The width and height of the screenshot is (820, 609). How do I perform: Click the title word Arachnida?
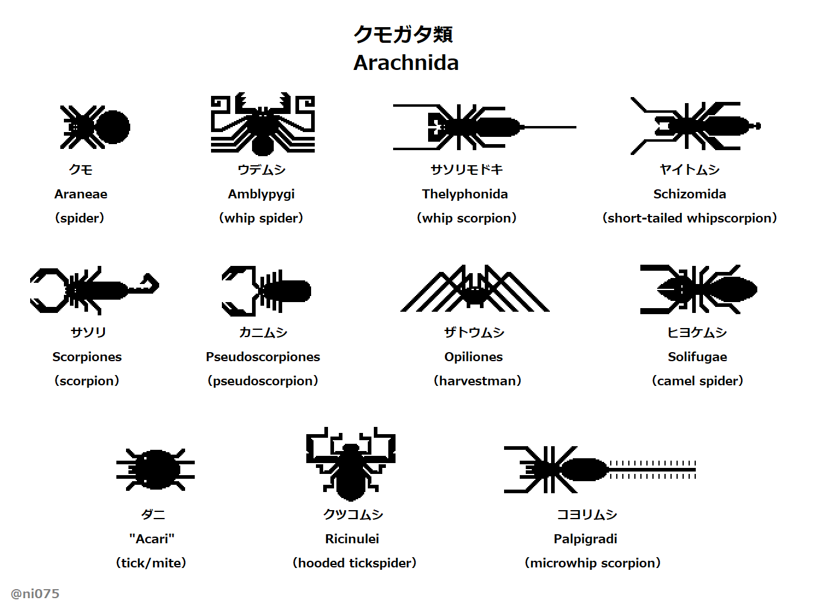pos(406,63)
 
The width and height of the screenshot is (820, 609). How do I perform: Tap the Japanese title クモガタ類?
pos(403,34)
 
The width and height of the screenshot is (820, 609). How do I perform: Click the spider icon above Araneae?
pos(95,127)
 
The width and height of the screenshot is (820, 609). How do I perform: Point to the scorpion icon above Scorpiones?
pos(93,291)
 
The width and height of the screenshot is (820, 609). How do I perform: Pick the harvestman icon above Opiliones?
pos(475,289)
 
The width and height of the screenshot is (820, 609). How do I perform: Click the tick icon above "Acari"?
pos(156,469)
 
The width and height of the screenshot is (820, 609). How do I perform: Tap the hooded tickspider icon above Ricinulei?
pos(351,464)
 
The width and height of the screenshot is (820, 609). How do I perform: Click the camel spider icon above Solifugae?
pos(698,289)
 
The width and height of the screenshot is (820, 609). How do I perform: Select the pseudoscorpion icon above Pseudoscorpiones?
pos(266,291)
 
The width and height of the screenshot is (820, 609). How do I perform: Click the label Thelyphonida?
pos(465,194)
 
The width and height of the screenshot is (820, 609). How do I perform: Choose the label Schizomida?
pos(690,194)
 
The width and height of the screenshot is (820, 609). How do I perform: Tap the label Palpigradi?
pos(585,539)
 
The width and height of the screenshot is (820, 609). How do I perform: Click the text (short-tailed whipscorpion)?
pos(690,218)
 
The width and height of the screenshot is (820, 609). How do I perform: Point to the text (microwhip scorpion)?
pos(593,563)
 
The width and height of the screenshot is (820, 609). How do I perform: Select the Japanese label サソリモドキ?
pos(466,170)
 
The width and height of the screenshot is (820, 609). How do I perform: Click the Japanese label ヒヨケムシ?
pos(697,333)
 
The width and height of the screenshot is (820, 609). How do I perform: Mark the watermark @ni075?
pos(35,594)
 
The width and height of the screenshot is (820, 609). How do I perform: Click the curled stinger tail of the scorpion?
pos(148,283)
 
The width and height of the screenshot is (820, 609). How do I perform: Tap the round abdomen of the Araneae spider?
pos(113,127)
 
